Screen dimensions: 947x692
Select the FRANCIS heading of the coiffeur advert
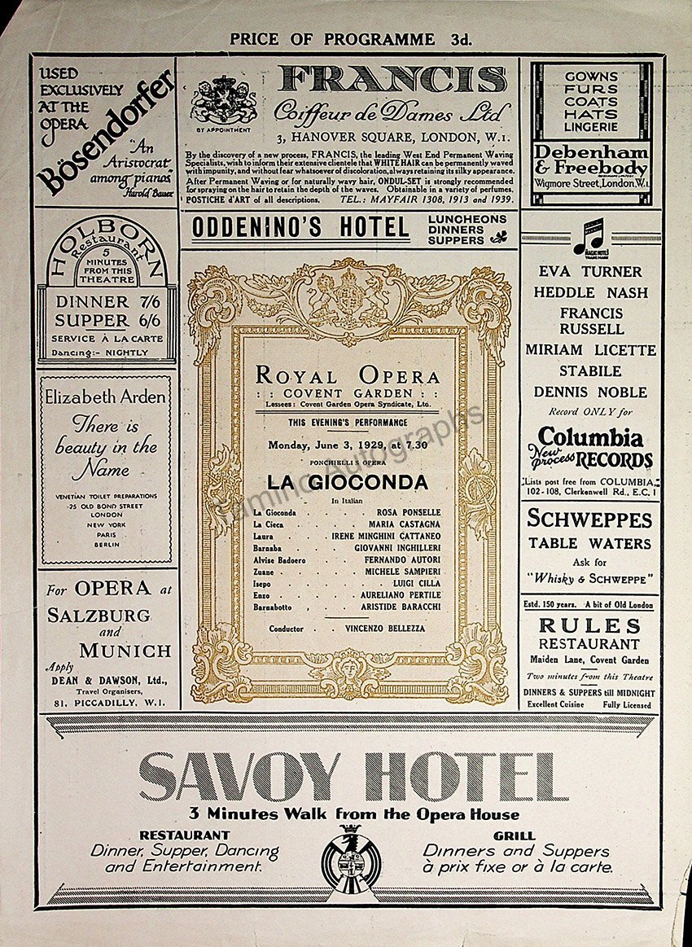pos(392,80)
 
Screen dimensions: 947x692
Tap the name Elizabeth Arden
pos(106,398)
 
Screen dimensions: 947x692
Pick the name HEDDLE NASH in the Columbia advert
pos(591,292)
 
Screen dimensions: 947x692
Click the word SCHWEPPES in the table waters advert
pos(589,519)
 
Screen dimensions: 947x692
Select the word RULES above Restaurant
pos(590,626)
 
